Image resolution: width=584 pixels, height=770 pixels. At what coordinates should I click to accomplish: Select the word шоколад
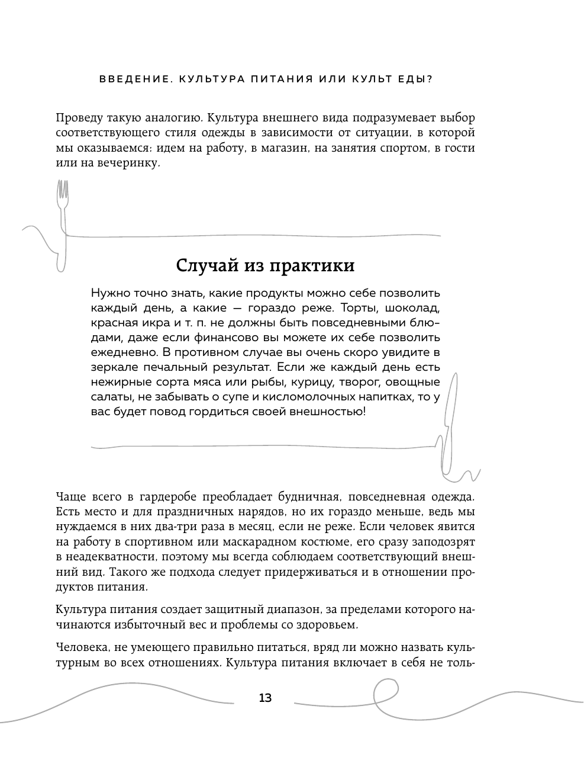click(x=412, y=308)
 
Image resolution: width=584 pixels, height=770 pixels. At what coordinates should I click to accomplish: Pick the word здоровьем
click(x=329, y=624)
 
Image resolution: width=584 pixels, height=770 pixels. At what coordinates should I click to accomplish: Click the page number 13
click(x=265, y=698)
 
